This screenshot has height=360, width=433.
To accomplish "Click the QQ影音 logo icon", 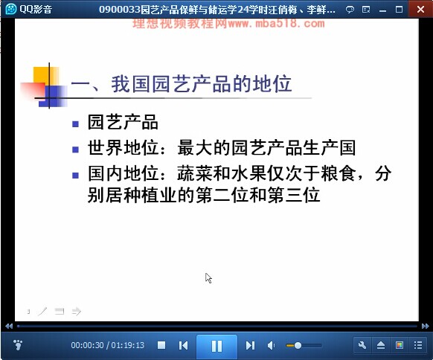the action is (11, 9).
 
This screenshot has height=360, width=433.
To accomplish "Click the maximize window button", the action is (399, 10).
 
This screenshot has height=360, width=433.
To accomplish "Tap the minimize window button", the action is (382, 10).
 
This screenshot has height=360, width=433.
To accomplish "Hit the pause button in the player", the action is (216, 346).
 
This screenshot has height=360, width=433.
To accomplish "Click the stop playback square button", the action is (161, 345).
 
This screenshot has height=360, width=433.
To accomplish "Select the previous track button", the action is (183, 345).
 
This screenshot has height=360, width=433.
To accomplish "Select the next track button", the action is (250, 345).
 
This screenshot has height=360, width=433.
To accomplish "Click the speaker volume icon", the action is (271, 345).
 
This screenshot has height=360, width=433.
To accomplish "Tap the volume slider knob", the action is (298, 345).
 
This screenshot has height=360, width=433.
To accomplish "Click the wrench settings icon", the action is (362, 345).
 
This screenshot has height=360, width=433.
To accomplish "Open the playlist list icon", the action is (418, 345).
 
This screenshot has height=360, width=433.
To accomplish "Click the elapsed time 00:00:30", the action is (88, 345).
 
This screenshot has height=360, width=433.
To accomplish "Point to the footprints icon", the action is (18, 345).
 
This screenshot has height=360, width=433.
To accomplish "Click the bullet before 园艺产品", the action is (75, 124).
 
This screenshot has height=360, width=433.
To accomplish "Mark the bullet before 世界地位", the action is (75, 150).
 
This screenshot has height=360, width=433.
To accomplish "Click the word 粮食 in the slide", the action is (339, 173).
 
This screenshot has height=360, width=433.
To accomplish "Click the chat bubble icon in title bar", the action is (350, 10).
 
